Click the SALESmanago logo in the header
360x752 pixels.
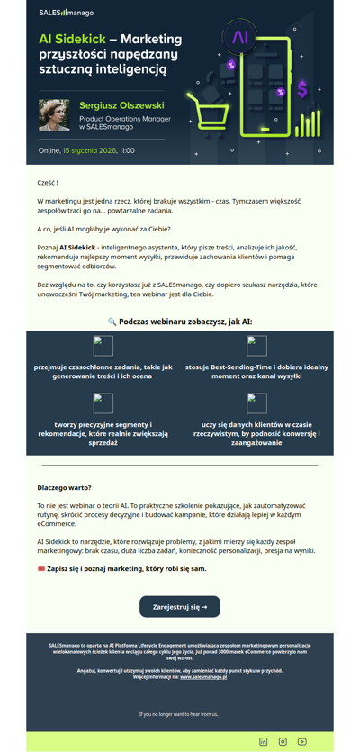[66, 14]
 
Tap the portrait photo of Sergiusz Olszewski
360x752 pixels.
[54, 115]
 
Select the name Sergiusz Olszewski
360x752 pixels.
[121, 104]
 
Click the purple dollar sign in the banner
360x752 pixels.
[303, 89]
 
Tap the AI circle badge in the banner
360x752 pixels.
[240, 37]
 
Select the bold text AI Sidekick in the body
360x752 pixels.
[78, 246]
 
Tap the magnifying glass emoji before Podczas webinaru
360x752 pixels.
[112, 321]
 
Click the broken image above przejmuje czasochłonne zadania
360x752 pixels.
[103, 346]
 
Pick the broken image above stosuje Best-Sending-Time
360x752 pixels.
[256, 346]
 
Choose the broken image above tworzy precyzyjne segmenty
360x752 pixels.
[103, 403]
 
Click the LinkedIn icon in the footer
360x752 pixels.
[264, 741]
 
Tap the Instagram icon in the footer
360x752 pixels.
[283, 741]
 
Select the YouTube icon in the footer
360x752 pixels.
[302, 741]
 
